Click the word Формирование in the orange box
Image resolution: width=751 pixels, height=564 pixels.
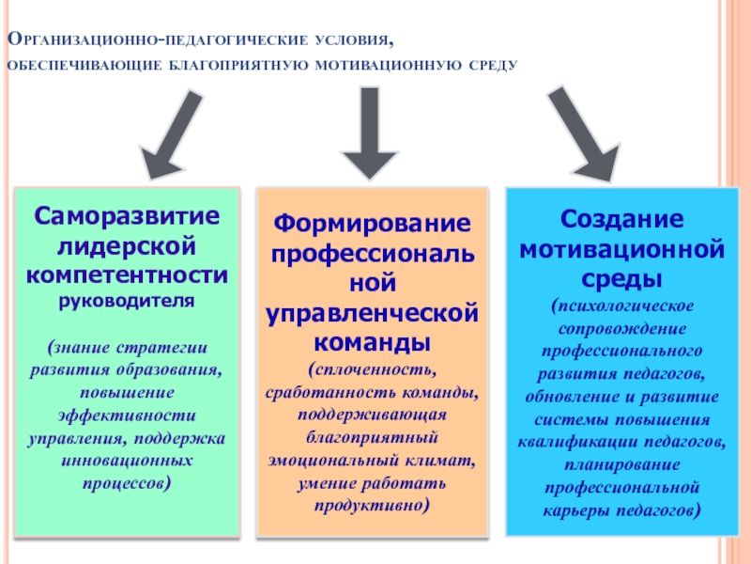click(x=371, y=225)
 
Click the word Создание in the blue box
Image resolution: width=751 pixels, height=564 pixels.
click(x=621, y=219)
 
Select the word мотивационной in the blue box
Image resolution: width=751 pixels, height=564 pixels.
click(x=621, y=249)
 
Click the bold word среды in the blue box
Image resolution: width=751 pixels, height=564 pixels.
click(x=621, y=279)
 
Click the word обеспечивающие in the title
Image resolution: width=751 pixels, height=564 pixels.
click(x=84, y=67)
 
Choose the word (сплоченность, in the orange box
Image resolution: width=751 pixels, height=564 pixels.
click(x=372, y=367)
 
